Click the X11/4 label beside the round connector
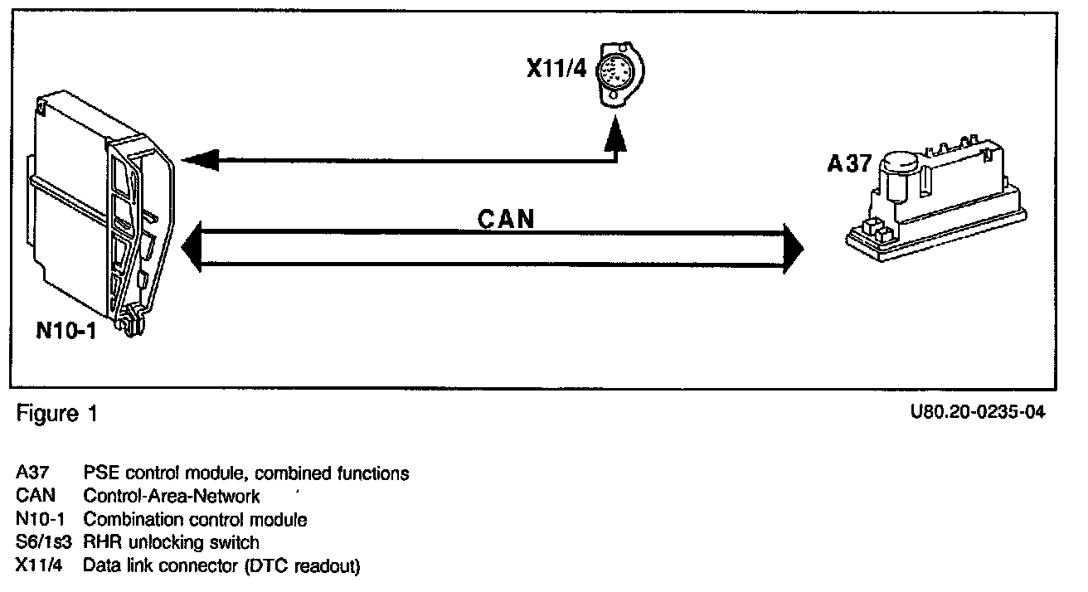pyautogui.click(x=556, y=67)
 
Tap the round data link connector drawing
pyautogui.click(x=619, y=75)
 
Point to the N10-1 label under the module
pyautogui.click(x=67, y=329)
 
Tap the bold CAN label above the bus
pyautogui.click(x=506, y=219)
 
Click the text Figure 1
pyautogui.click(x=56, y=414)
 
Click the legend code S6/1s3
pyautogui.click(x=41, y=543)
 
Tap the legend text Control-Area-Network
pyautogui.click(x=172, y=497)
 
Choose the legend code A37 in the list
pyautogui.click(x=32, y=473)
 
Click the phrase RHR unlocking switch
pyautogui.click(x=172, y=543)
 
